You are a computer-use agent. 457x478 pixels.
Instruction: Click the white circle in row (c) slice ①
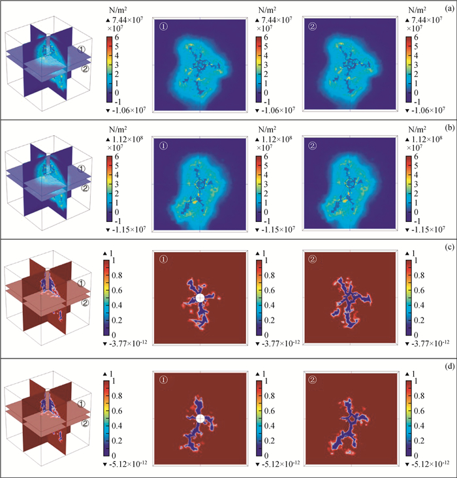click(x=200, y=298)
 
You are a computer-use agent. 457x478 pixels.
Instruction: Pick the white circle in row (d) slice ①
click(x=200, y=418)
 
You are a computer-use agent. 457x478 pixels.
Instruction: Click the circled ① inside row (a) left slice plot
click(x=165, y=27)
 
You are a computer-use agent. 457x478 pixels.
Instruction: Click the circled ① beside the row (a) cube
click(x=82, y=50)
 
